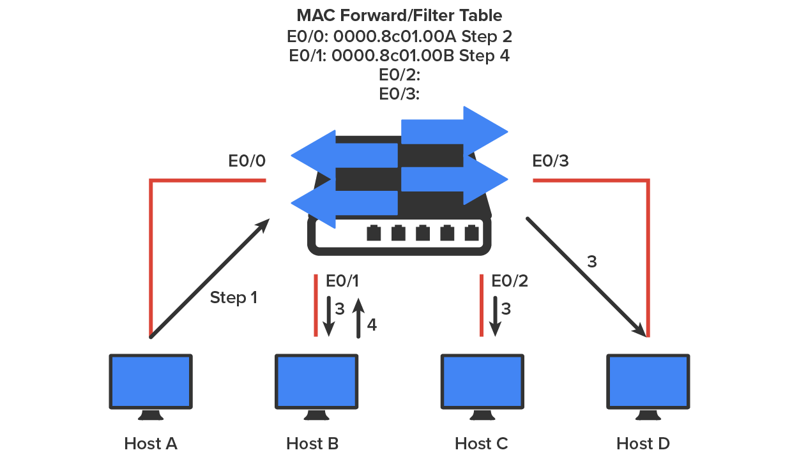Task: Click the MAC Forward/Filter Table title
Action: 399,15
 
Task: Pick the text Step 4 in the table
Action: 484,56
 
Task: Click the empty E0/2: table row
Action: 399,75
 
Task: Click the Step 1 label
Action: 234,297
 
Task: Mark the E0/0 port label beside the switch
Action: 247,161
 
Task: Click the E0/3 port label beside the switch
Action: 551,161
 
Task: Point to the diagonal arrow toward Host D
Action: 584,276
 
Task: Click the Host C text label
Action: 482,444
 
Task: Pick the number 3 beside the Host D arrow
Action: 592,262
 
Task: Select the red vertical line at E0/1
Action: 316,305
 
